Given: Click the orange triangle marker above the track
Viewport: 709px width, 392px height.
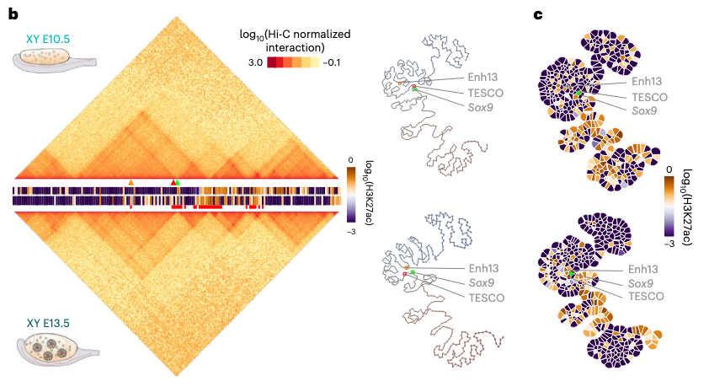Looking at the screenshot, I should coord(130,182).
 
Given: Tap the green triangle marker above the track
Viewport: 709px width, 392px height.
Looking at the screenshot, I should coord(178,182).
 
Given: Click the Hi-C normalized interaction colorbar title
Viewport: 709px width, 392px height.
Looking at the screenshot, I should coord(295,40).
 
